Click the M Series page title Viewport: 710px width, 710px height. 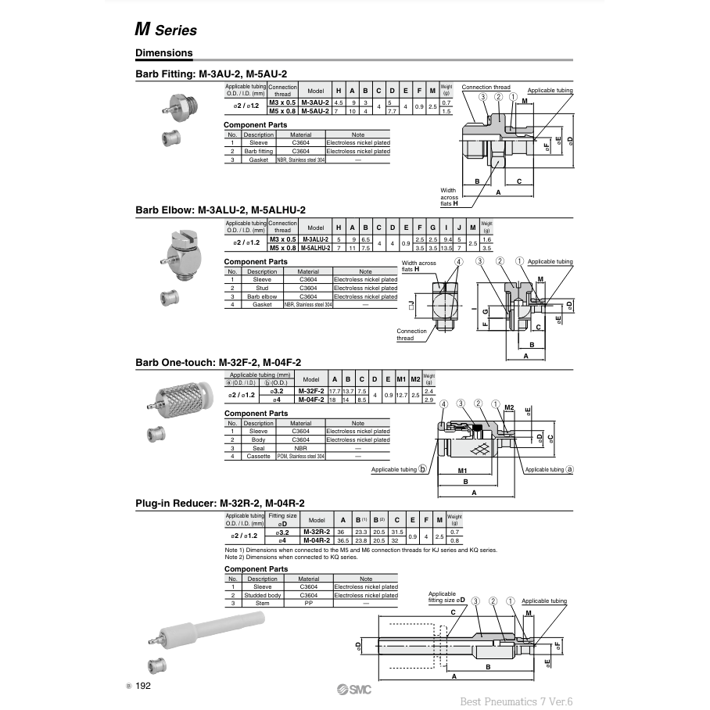(x=165, y=30)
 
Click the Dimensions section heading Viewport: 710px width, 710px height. (x=163, y=53)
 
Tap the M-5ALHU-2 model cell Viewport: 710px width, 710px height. (x=315, y=248)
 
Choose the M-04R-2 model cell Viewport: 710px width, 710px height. (x=317, y=540)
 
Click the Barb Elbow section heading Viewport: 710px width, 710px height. (x=220, y=210)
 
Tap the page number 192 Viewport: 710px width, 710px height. (x=142, y=686)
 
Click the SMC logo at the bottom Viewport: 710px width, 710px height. (x=354, y=688)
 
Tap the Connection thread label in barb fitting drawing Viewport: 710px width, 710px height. (x=486, y=87)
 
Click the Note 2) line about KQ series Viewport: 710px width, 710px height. (x=291, y=558)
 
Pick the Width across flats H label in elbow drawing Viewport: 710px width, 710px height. (x=418, y=266)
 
